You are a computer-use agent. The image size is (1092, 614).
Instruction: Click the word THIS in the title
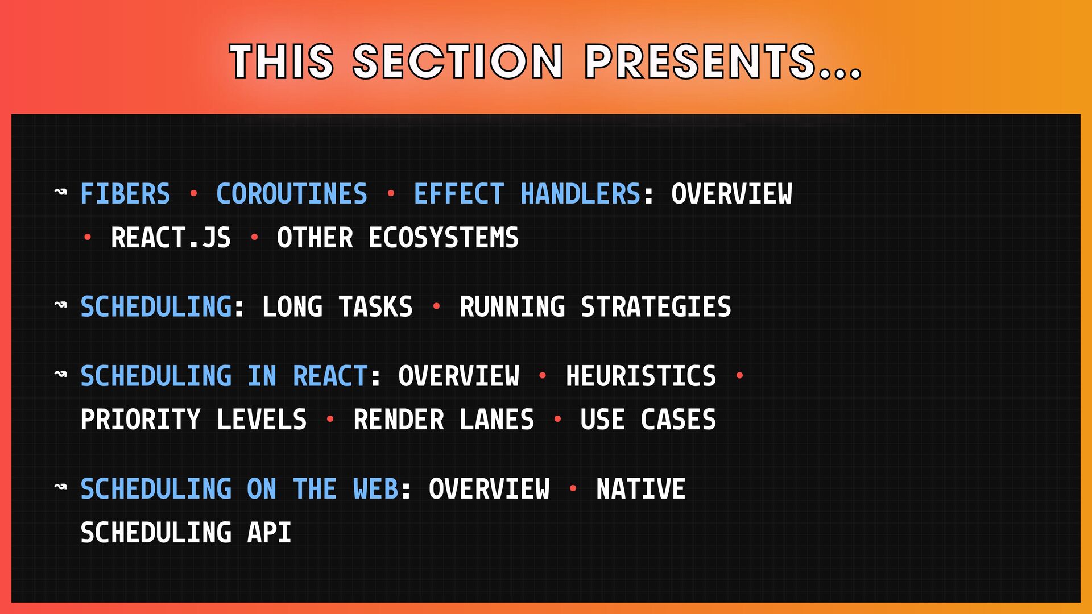[282, 61]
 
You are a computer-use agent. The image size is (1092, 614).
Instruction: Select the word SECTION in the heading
[458, 61]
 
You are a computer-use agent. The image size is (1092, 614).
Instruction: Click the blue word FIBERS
[125, 194]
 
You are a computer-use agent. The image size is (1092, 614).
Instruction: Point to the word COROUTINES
[292, 194]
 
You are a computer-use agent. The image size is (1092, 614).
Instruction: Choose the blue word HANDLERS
[581, 194]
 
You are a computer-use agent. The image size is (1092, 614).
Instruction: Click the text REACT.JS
[171, 238]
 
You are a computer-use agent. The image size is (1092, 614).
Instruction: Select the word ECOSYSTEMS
[444, 238]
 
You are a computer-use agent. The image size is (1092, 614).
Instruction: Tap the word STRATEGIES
[656, 307]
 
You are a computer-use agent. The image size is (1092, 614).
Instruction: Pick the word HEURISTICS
[641, 376]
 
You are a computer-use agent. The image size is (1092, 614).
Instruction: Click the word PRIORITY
[140, 420]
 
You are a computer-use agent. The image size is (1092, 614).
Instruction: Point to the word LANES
[497, 420]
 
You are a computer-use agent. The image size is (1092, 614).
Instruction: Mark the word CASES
[679, 420]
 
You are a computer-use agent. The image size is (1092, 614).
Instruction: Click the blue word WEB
[375, 489]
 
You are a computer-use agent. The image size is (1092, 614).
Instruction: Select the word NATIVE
[641, 489]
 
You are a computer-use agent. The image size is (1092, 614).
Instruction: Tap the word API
[269, 533]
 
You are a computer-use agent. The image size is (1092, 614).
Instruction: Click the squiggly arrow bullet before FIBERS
[60, 192]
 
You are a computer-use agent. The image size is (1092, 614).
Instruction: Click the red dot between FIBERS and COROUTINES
[193, 194]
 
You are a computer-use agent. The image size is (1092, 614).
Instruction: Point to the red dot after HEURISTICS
[739, 376]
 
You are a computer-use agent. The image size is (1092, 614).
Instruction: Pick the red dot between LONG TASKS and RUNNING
[436, 306]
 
